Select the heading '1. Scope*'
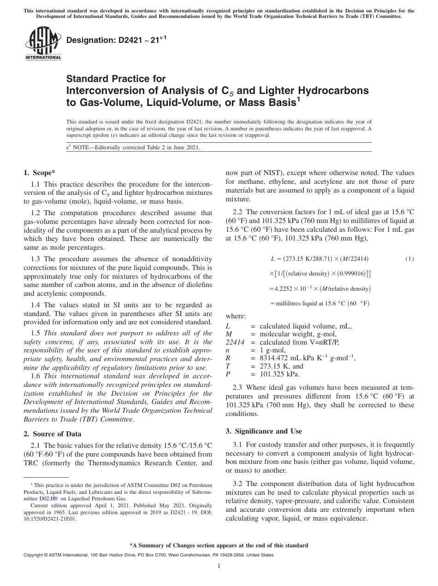(39, 173)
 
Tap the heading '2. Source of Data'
(52, 434)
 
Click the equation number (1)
(409, 259)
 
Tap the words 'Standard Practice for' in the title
(116, 79)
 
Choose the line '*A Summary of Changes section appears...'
(219, 545)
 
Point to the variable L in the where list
(228, 326)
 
